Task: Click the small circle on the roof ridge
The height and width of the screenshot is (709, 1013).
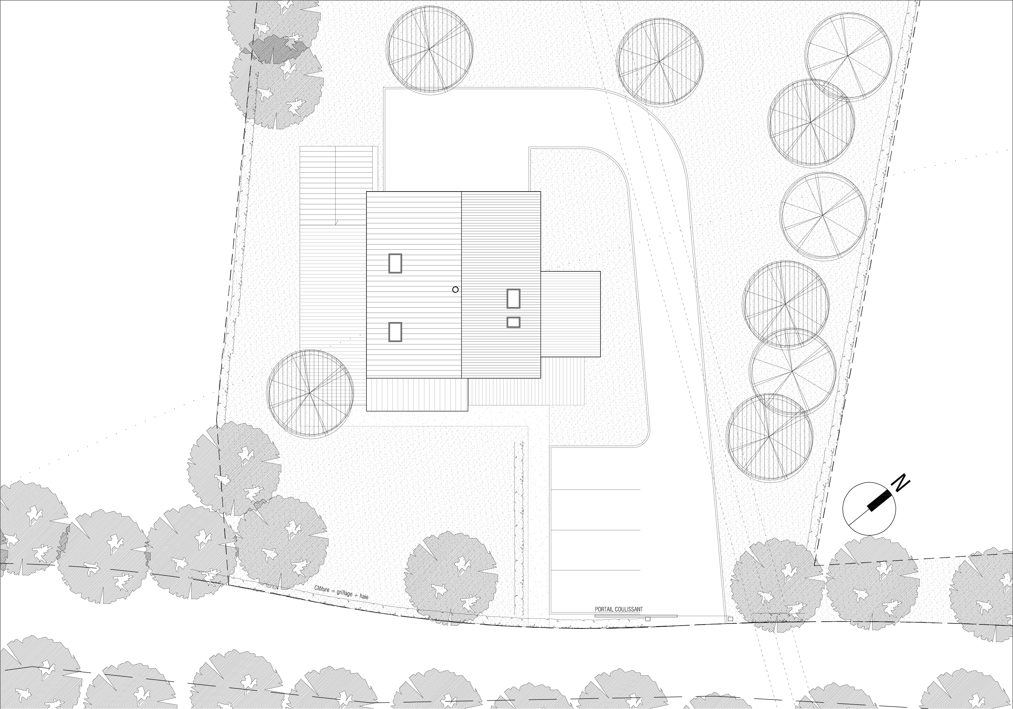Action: tap(455, 290)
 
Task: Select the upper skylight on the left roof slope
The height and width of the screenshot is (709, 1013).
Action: tap(395, 263)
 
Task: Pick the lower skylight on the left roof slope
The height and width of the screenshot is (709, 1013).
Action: tap(395, 332)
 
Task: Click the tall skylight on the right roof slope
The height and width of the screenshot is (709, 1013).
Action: tap(513, 299)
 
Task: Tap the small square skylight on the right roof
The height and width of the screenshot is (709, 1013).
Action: tap(513, 322)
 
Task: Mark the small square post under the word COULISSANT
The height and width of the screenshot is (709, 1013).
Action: tap(648, 619)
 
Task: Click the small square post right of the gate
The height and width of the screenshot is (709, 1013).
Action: tap(730, 619)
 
